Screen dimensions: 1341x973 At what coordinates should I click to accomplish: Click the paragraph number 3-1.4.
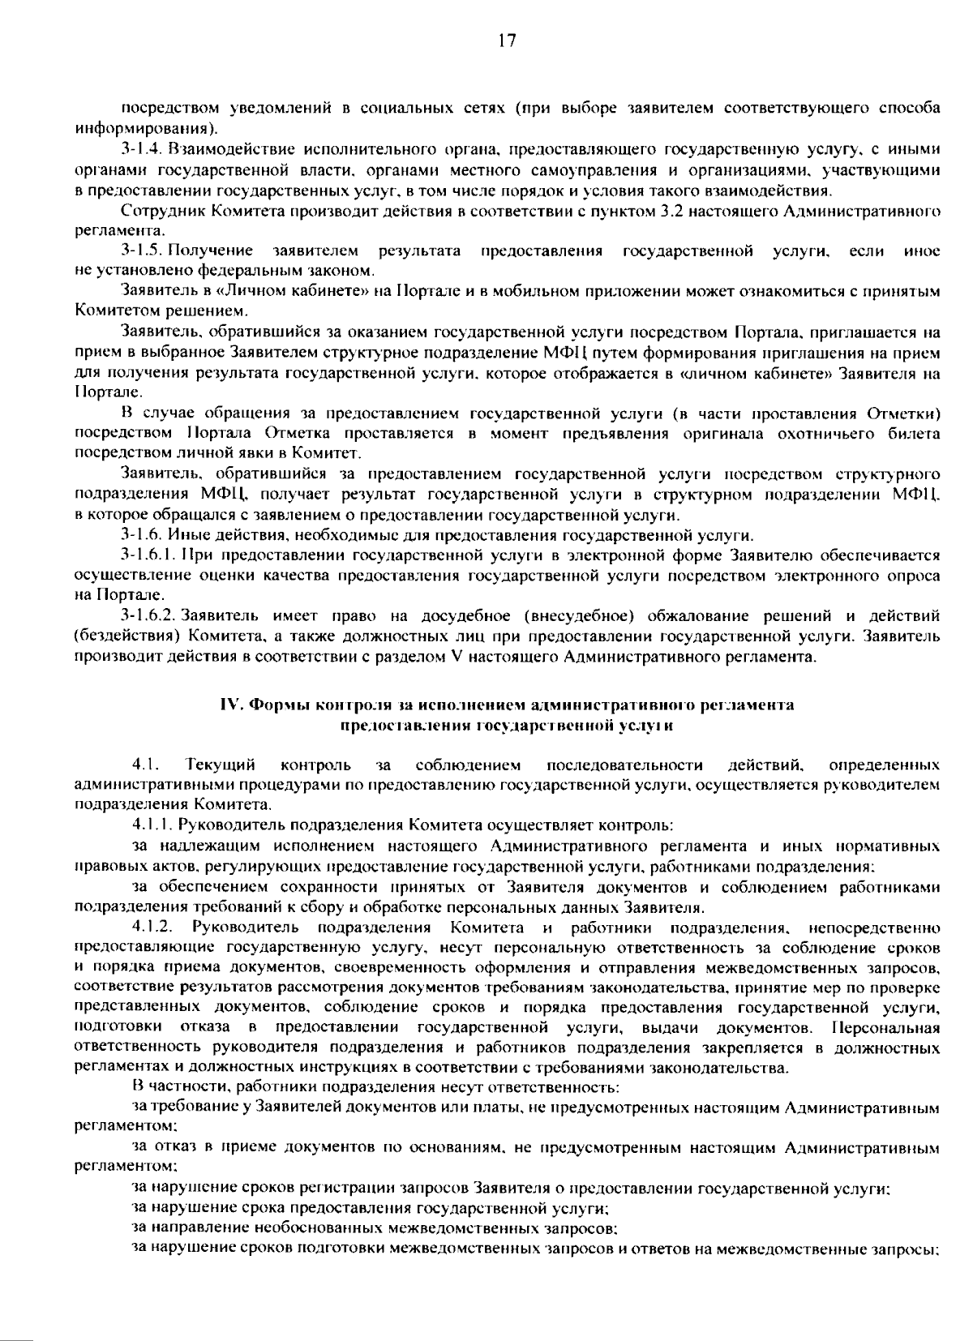[143, 149]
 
